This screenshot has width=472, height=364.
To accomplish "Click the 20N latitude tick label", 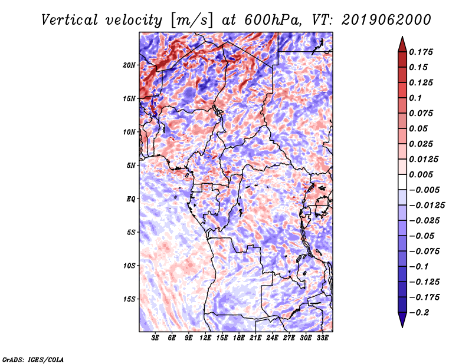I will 129,65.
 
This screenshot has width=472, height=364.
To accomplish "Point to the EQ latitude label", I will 131,199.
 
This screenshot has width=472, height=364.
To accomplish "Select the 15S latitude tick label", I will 129,299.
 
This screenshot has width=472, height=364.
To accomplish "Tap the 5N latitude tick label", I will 131,166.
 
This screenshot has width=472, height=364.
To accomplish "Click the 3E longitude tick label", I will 156,338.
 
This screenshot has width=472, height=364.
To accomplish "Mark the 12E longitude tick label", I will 206,338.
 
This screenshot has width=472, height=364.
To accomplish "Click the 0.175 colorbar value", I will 422,52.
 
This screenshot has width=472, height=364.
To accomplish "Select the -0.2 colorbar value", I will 421,312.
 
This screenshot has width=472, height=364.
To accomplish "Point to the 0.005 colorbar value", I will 422,174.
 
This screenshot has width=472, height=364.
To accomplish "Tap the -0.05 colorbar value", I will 424,236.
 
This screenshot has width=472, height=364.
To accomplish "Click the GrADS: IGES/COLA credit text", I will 33,359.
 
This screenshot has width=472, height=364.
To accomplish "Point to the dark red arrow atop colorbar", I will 402,44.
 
